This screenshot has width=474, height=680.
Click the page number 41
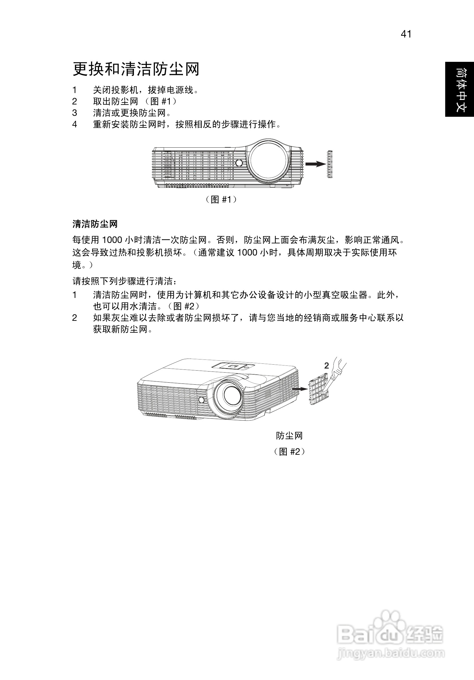(406, 34)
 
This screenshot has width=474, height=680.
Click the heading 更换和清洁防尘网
(136, 69)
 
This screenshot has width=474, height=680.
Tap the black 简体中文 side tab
(459, 89)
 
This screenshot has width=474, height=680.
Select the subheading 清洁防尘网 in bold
(95, 224)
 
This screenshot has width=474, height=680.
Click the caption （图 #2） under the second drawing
(289, 451)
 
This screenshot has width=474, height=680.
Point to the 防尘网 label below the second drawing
(289, 435)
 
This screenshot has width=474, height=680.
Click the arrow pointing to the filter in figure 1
(315, 164)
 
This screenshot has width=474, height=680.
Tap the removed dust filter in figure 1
(330, 164)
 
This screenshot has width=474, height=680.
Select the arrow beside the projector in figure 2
(299, 389)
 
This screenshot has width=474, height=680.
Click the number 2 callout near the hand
(327, 366)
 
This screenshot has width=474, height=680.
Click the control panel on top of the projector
(234, 366)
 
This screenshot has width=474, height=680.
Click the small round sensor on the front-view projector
(239, 163)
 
